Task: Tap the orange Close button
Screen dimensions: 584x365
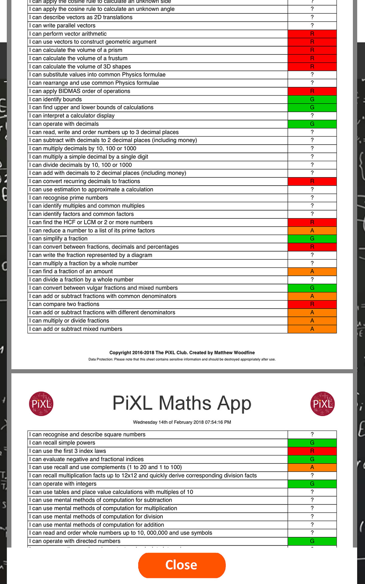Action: tap(182, 565)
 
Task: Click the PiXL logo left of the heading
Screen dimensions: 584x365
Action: tap(41, 404)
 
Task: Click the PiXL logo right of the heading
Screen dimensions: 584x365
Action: tap(322, 404)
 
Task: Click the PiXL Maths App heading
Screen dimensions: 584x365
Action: tap(182, 403)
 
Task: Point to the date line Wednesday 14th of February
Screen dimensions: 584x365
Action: tap(182, 422)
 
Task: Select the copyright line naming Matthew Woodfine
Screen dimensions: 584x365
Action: tap(182, 353)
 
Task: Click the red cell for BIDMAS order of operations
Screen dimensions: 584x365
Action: tap(312, 91)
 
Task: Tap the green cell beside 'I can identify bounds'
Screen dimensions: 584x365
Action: tap(312, 99)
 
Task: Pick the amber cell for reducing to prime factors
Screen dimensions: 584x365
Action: tap(312, 231)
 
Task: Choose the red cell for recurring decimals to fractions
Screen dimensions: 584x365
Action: tap(312, 181)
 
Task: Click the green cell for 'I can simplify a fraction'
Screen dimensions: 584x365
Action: tap(312, 239)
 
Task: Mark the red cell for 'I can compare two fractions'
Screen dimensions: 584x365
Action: tap(312, 304)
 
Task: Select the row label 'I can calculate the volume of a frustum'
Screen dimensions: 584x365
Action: tap(78, 58)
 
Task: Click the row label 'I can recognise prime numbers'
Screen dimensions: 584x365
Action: tap(69, 198)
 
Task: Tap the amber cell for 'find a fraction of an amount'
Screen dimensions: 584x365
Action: tap(312, 271)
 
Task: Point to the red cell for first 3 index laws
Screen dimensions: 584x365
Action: tap(312, 451)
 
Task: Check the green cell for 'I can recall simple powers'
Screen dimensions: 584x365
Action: tap(312, 443)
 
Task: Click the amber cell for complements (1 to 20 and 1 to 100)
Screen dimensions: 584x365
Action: tap(312, 467)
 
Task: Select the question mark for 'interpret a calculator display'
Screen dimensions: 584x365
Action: tap(312, 116)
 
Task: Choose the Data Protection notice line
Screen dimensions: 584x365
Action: tap(182, 359)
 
